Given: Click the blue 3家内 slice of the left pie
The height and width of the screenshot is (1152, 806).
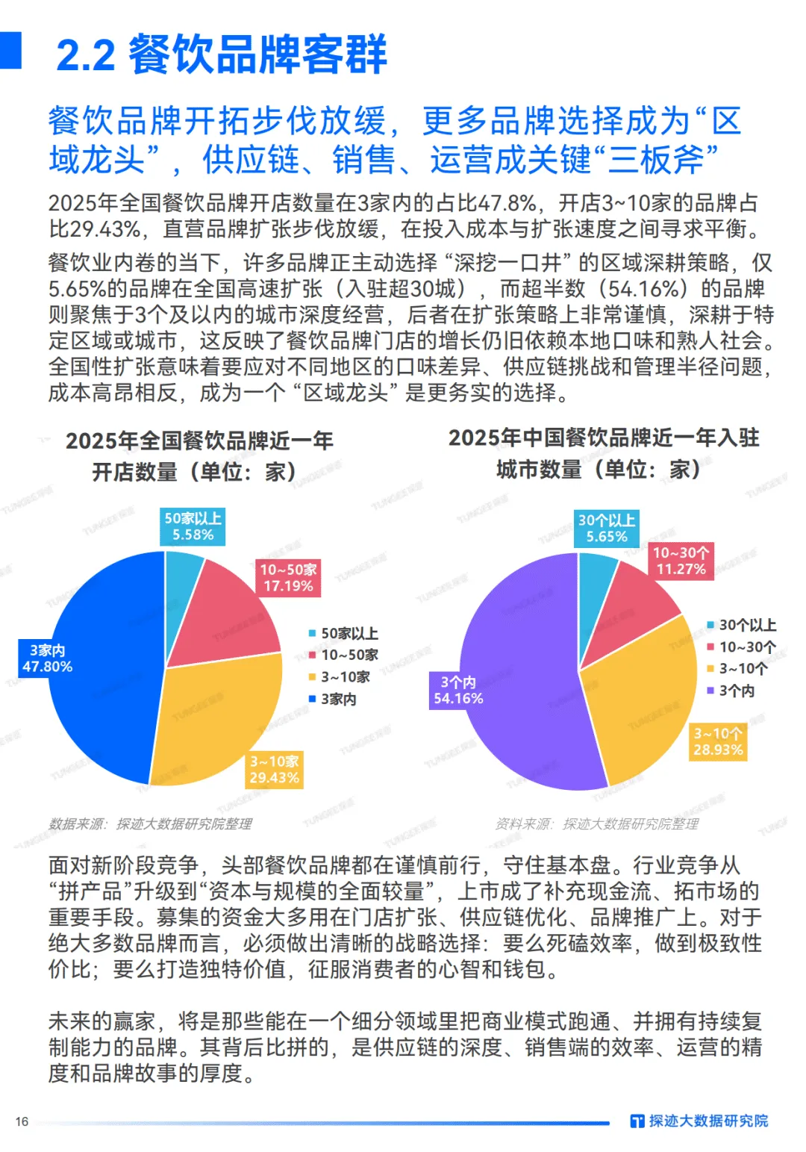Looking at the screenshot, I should (x=104, y=702).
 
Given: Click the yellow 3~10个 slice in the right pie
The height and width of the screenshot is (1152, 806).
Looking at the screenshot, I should (x=642, y=702).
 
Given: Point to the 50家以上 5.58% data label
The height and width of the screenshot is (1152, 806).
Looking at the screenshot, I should (x=193, y=526).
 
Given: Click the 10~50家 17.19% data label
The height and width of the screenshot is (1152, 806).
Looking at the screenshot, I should (x=288, y=578).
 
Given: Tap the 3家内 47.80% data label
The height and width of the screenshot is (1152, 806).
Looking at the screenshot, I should (x=47, y=658).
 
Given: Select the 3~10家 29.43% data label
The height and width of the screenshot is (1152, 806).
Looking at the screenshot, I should (x=274, y=769).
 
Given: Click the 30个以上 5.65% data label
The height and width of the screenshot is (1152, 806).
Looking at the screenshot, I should (x=607, y=529).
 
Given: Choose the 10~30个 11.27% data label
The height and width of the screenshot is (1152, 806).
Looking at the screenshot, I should (x=681, y=561).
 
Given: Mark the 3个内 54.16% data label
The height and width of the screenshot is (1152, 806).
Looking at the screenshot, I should (x=458, y=691).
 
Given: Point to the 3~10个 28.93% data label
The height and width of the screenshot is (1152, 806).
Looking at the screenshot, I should (x=718, y=742).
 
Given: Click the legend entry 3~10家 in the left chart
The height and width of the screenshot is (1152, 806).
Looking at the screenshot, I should (x=340, y=677).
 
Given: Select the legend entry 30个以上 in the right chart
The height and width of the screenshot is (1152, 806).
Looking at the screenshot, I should (x=743, y=625).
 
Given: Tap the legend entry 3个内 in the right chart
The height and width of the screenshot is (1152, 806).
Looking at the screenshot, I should (x=731, y=691).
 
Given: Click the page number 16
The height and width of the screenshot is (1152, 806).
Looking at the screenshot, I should (x=22, y=1121).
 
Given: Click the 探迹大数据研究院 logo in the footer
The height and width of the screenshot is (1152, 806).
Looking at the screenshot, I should (x=699, y=1121).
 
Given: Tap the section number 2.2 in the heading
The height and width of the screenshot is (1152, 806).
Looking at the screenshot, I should (x=85, y=56).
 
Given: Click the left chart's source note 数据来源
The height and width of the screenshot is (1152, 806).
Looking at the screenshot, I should (x=150, y=823).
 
